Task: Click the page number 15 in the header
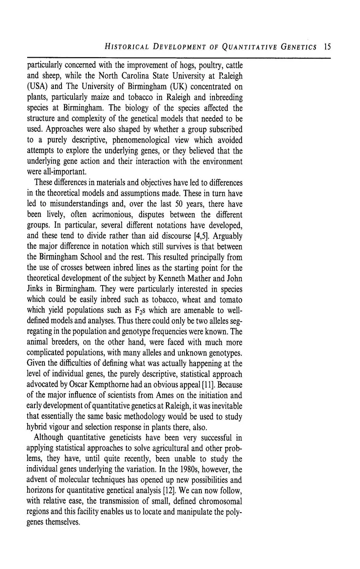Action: pyautogui.click(x=327, y=47)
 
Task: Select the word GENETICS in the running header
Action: pyautogui.click(x=299, y=47)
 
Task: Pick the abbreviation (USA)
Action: pyautogui.click(x=37, y=87)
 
